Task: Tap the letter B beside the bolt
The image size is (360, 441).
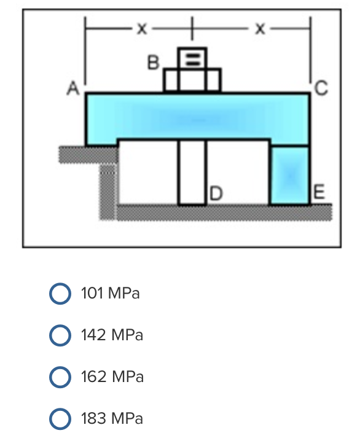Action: pos(154,62)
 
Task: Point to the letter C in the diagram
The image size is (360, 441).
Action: pos(321,90)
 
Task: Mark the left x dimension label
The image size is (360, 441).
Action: pos(141,28)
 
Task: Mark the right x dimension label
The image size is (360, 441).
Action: pos(260,28)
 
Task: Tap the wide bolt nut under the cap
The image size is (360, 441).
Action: pos(192,80)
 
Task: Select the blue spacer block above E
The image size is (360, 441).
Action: pos(290,175)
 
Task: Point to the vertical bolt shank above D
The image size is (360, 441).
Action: pos(192,172)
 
